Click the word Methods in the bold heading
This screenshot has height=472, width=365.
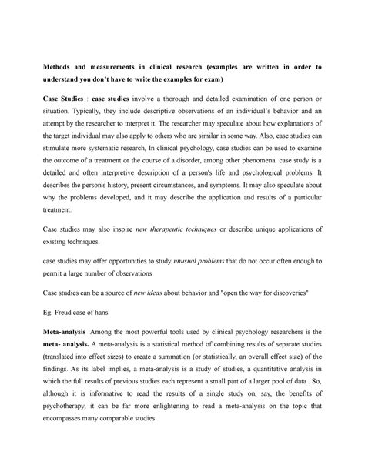coord(59,67)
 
